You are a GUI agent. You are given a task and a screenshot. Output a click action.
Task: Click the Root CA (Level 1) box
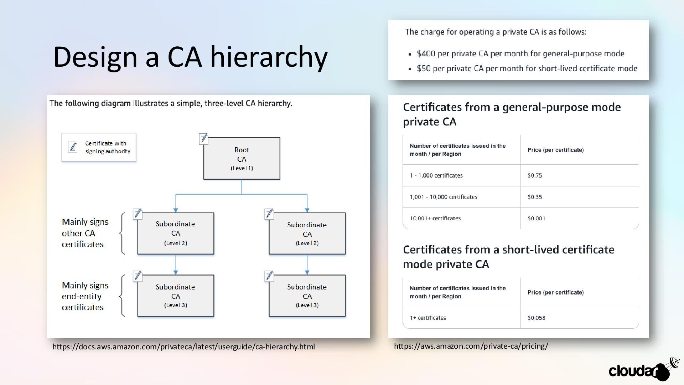click(x=242, y=159)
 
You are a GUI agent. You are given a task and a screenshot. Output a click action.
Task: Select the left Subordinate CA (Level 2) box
click(x=176, y=233)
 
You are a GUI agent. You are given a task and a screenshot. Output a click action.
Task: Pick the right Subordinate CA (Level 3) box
click(x=307, y=296)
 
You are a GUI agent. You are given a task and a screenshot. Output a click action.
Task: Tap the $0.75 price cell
click(x=535, y=175)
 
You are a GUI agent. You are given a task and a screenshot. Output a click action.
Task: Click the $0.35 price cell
click(x=535, y=197)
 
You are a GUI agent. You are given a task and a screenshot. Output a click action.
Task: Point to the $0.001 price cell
click(x=536, y=218)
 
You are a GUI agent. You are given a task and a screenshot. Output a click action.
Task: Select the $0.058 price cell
click(x=536, y=318)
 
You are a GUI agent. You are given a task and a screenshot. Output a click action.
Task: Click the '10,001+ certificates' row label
click(x=435, y=218)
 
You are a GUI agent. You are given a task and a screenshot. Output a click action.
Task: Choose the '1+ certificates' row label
click(x=428, y=318)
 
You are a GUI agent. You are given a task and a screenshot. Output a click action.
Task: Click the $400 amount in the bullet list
click(x=426, y=54)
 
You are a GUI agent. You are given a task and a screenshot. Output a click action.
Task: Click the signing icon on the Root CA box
click(x=203, y=138)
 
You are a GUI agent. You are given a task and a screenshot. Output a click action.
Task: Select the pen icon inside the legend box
click(x=73, y=147)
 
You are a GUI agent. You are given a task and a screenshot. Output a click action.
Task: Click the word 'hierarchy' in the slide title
click(x=269, y=57)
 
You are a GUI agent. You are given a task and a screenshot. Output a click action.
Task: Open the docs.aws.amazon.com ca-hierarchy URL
click(x=183, y=346)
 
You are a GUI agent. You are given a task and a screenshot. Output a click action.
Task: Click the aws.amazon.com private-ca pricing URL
click(x=471, y=346)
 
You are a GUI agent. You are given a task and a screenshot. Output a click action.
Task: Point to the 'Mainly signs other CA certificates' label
click(x=85, y=233)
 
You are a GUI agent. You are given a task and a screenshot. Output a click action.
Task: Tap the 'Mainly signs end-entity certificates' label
click(x=85, y=296)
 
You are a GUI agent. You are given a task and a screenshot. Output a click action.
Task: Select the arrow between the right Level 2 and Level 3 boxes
click(x=307, y=264)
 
